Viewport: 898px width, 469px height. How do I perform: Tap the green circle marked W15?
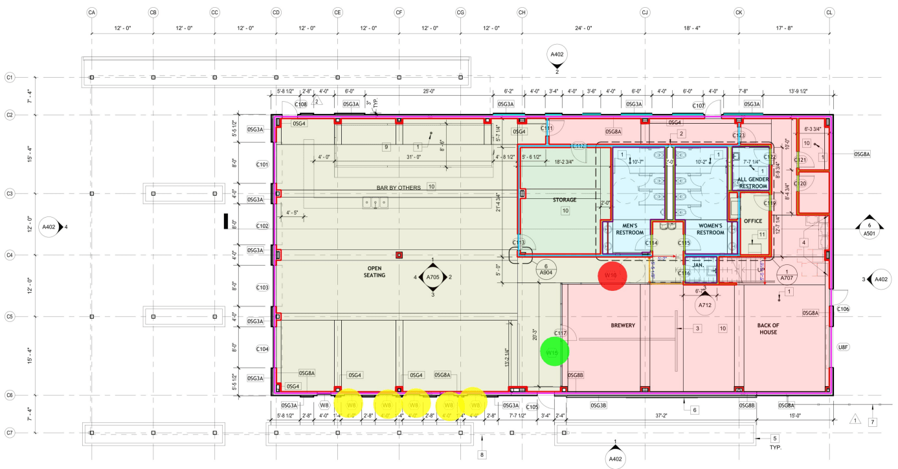554,352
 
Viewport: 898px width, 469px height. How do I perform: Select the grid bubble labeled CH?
522,12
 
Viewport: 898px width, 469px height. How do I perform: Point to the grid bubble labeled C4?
10,255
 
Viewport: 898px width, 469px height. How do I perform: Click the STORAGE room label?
564,200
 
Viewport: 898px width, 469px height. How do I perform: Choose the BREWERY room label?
622,325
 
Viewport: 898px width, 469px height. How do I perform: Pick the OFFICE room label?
753,221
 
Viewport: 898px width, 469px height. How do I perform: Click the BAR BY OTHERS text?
399,188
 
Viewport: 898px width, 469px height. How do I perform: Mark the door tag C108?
300,104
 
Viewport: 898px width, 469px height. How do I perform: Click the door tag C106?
842,309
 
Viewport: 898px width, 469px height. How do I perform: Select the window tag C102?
262,226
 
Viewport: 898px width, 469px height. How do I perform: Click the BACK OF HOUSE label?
776,328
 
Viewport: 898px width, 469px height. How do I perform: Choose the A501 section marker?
868,229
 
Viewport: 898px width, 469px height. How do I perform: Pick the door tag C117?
561,334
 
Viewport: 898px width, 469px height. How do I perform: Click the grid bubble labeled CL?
829,12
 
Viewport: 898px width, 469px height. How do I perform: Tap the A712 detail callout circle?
705,304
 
